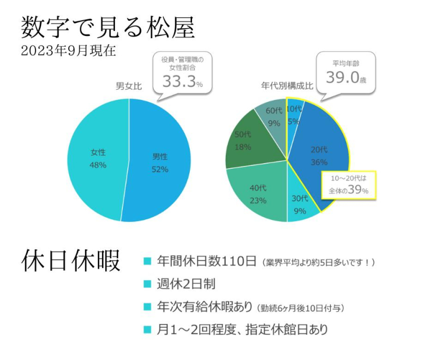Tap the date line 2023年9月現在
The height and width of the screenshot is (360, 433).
[x=68, y=51]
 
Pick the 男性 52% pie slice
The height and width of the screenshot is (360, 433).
[x=160, y=163]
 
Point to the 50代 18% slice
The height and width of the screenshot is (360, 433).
[x=243, y=141]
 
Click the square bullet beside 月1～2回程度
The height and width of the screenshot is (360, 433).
[x=147, y=329]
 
